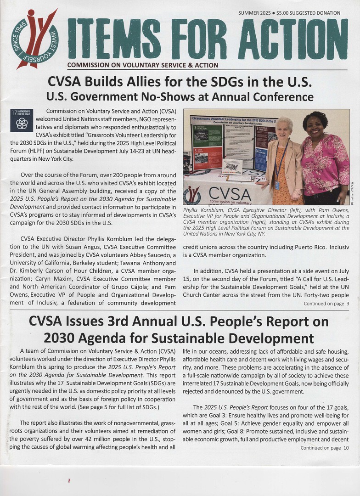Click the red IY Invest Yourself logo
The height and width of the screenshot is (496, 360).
pos(34,39)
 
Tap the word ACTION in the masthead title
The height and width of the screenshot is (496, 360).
pos(293,39)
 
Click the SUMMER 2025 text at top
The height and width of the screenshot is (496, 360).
pos(254,13)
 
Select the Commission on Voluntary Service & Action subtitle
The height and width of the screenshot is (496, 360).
pos(142,65)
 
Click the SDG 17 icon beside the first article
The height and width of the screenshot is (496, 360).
pos(21,120)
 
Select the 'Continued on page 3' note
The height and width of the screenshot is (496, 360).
pos(326,304)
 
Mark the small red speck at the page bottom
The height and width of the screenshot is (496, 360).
pos(69,480)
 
